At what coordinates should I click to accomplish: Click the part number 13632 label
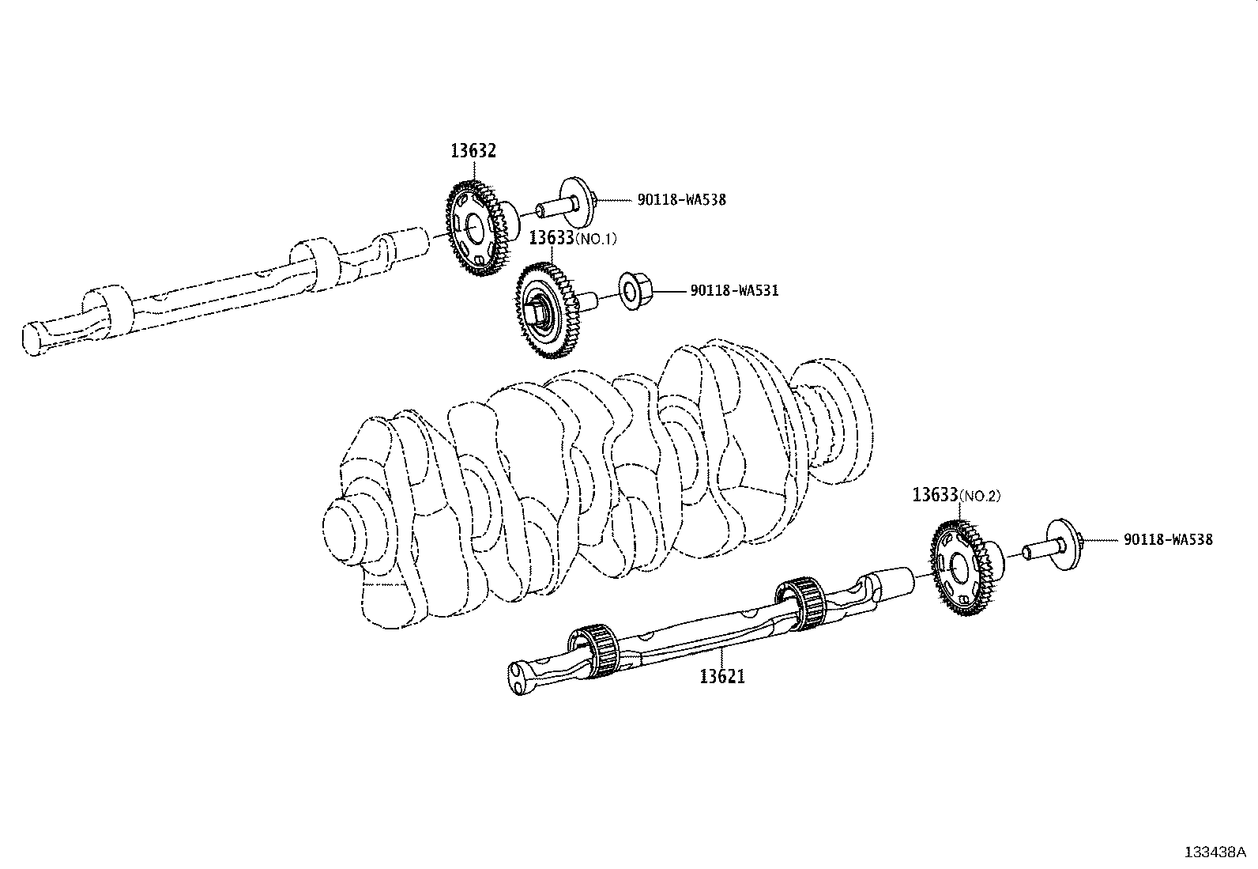tap(473, 151)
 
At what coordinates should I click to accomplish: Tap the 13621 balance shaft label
tap(721, 677)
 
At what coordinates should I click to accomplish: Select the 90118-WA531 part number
tap(734, 291)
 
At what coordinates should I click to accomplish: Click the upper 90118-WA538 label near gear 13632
tap(681, 200)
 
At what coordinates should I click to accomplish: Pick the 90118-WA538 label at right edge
tap(1167, 540)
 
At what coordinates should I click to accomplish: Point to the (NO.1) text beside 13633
tap(596, 239)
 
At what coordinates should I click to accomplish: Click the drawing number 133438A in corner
tap(1215, 852)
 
